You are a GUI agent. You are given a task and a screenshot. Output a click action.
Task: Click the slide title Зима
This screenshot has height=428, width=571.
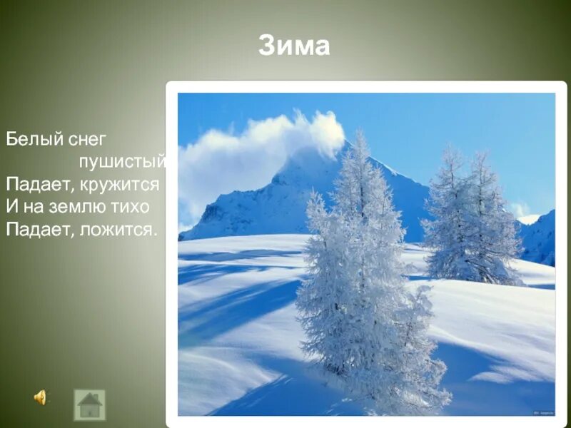click(294, 46)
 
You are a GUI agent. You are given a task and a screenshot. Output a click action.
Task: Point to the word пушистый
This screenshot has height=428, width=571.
click(122, 161)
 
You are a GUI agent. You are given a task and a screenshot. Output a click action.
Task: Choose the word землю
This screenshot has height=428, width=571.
click(85, 207)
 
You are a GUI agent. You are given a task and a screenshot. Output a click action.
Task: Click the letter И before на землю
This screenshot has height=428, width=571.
click(11, 207)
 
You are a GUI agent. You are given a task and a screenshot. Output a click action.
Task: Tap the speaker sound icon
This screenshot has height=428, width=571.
click(40, 397)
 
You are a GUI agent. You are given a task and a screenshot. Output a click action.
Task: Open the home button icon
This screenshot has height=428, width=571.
click(89, 404)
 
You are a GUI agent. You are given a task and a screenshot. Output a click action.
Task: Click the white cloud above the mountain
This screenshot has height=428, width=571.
click(271, 143)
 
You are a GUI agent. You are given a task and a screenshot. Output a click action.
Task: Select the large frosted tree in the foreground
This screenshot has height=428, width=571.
click(364, 285)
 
